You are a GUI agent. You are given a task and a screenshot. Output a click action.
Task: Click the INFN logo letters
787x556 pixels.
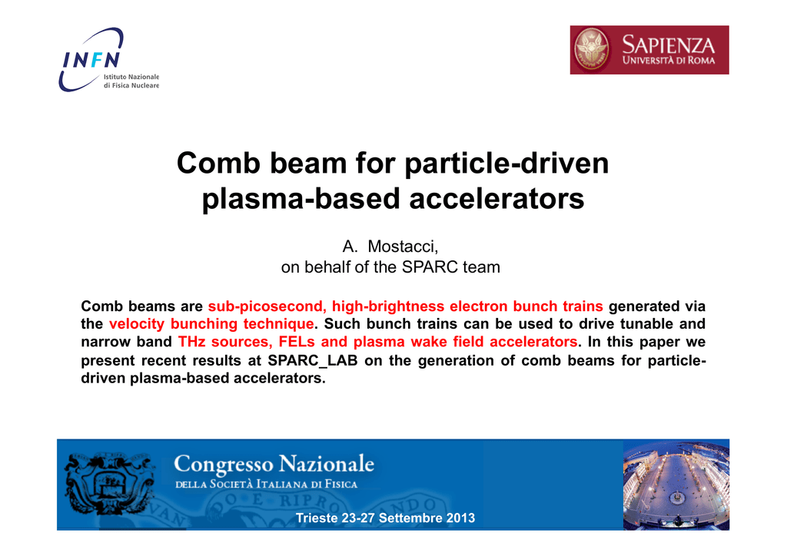pos(91,60)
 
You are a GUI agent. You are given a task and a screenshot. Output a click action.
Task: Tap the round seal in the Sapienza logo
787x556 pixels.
pos(592,50)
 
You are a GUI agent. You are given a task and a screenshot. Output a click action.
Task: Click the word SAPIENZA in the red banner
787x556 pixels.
pos(668,45)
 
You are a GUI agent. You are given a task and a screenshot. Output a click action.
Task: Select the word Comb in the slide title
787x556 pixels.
pos(218,164)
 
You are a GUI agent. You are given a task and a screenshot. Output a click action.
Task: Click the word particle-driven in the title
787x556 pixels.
pos(506,164)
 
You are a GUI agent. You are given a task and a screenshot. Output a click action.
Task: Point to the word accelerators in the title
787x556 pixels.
pos(497,199)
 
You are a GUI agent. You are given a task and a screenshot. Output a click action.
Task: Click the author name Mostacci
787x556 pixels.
pos(403,247)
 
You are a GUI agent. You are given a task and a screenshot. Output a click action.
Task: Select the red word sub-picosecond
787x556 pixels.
pos(267,306)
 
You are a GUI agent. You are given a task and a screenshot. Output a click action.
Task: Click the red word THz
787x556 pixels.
pos(191,342)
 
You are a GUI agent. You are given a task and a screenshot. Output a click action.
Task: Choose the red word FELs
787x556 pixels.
pos(297,342)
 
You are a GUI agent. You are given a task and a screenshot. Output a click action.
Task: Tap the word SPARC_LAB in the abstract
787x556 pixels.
pos(313,361)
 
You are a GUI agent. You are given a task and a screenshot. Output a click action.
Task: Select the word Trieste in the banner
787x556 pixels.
pos(317,518)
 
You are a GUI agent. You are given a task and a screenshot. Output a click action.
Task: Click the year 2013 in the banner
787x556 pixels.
pos(460,518)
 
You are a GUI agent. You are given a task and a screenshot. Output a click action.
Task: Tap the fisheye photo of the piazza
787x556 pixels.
pos(676,485)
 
